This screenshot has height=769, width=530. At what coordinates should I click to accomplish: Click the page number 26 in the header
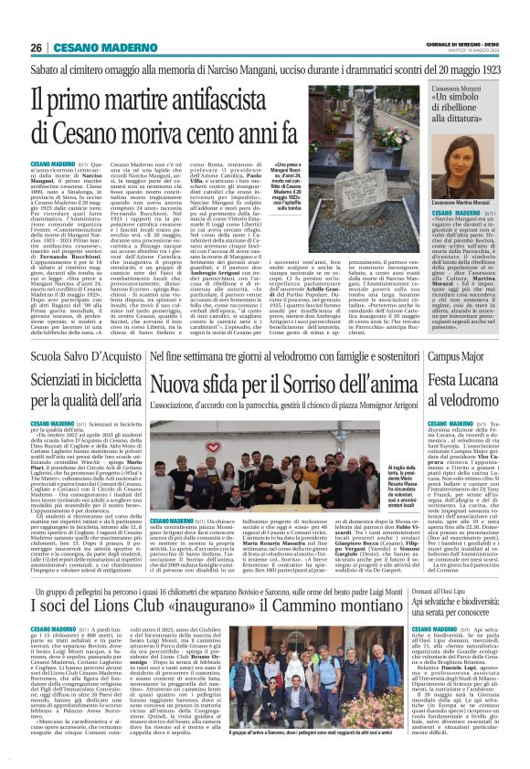pos(36,47)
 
